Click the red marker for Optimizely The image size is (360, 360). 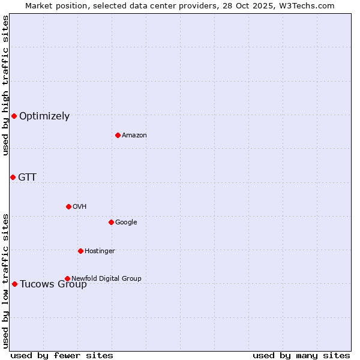pos(14,116)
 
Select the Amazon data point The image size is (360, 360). pos(118,135)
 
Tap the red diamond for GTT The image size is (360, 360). pos(13,177)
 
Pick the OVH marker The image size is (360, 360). pos(68,206)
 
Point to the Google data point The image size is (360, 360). pos(111,222)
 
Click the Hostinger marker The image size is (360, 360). pos(80,251)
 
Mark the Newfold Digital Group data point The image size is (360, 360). pos(67,278)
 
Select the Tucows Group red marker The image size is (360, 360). pos(14,284)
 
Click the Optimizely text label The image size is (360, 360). pos(44,116)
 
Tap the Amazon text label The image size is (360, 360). pos(134,136)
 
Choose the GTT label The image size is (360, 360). pos(27,178)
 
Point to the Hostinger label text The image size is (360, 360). pos(100,251)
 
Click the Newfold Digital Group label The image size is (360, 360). pos(106,278)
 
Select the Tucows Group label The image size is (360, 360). pos(53,284)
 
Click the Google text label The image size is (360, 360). pos(126,223)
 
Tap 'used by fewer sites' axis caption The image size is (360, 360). pos(62,355)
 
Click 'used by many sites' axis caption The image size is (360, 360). pos(301,355)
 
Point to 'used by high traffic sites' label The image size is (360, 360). pos(5,85)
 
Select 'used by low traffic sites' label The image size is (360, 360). pos(5,280)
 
